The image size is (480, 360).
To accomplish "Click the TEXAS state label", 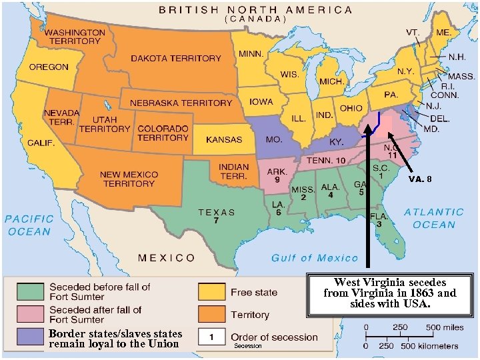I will pyautogui.click(x=217, y=213).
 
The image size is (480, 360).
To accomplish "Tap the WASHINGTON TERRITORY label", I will pyautogui.click(x=75, y=37).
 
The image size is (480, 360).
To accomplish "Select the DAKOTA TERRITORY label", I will pyautogui.click(x=175, y=59).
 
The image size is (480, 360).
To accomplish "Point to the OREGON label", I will pyautogui.click(x=48, y=67).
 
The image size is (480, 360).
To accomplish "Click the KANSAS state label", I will pyautogui.click(x=224, y=140).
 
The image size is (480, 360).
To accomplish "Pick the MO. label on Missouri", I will pyautogui.click(x=274, y=141).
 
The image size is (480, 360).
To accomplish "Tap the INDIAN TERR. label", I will pyautogui.click(x=233, y=171).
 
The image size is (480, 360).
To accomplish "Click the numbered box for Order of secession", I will pyautogui.click(x=211, y=337).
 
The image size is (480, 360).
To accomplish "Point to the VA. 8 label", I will pyautogui.click(x=420, y=179).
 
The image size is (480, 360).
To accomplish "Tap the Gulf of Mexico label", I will pyautogui.click(x=315, y=258).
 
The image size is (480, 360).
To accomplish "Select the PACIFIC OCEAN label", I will pyautogui.click(x=29, y=225).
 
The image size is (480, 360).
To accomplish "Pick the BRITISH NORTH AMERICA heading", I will pyautogui.click(x=256, y=10).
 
